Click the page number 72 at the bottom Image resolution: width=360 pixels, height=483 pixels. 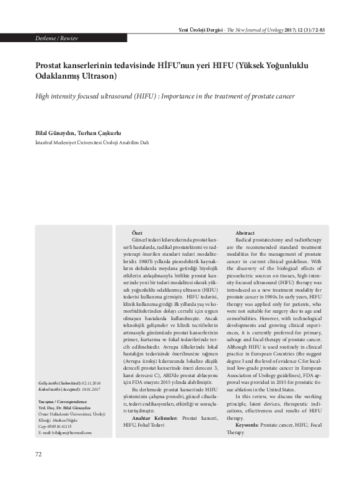pos(38,455)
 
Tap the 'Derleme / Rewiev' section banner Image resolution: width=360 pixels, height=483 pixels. pos(56,38)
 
